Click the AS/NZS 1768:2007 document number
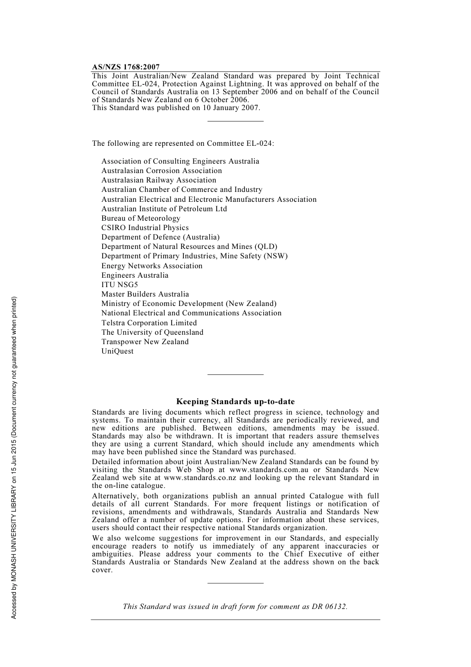point(125,66)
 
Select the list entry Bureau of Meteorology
point(141,218)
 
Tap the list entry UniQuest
point(118,351)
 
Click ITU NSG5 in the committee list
point(119,285)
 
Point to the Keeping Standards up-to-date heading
point(235,402)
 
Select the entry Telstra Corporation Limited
point(149,323)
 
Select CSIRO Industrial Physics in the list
point(145,228)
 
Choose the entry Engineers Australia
point(135,275)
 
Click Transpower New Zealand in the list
point(145,342)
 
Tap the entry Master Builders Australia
point(145,294)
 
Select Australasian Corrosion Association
point(162,171)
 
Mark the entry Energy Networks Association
point(152,266)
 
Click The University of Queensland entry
point(152,332)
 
